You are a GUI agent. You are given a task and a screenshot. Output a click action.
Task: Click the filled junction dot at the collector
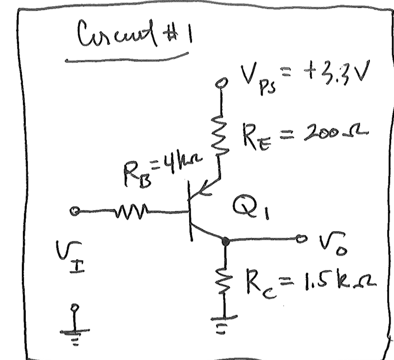[225, 241]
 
